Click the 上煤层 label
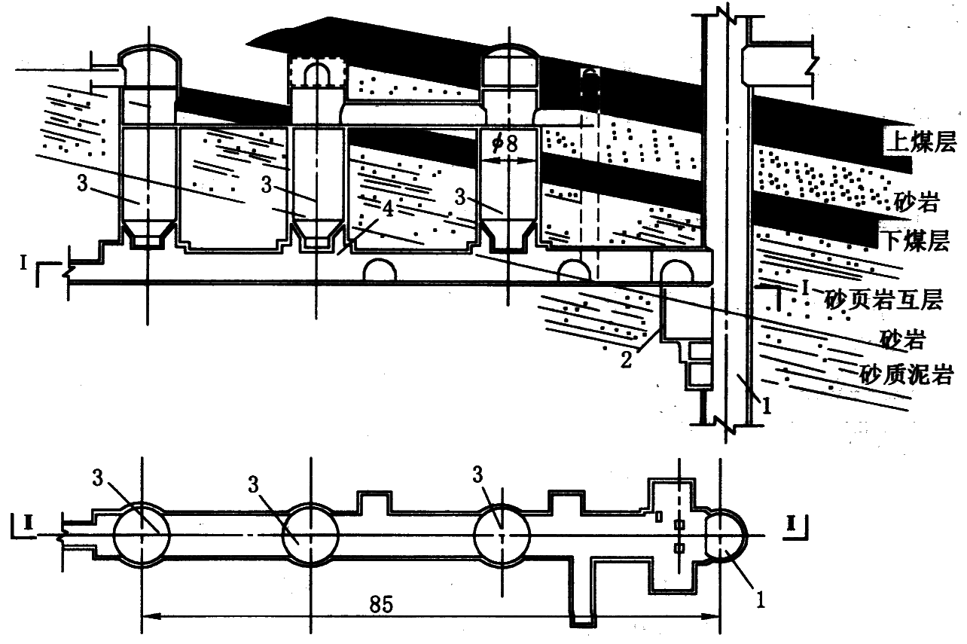click(920, 142)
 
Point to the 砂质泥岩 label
click(906, 374)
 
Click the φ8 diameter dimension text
click(505, 144)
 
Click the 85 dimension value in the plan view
click(381, 605)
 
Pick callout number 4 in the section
click(388, 209)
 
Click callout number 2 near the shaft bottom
click(627, 359)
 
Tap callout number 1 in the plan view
click(760, 600)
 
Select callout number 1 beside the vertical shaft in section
click(766, 406)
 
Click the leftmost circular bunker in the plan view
click(142, 536)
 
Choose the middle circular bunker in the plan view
click(310, 536)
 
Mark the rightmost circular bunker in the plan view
click(502, 536)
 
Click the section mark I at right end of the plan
click(792, 523)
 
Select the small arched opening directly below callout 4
click(380, 270)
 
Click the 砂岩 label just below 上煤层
click(916, 202)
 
